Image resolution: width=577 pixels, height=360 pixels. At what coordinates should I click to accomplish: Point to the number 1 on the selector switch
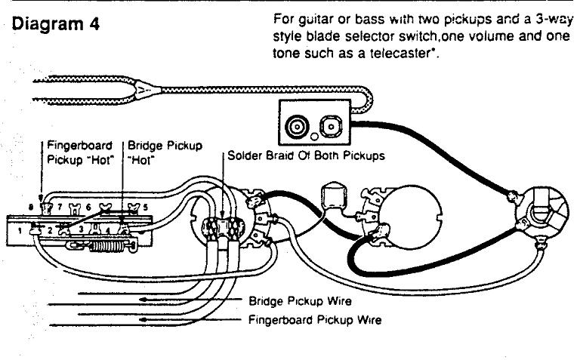click(21, 231)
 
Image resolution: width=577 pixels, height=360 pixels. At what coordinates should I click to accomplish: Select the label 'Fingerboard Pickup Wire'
click(315, 319)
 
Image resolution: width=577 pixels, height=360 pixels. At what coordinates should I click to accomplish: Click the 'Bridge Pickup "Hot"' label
click(164, 151)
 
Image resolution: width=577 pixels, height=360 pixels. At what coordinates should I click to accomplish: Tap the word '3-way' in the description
click(557, 20)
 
